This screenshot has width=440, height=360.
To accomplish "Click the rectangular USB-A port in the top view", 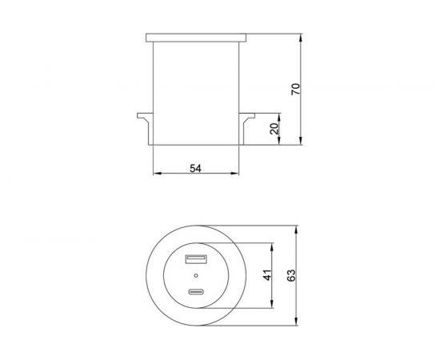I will (195, 259).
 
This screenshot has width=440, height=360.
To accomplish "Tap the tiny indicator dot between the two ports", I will (195, 276).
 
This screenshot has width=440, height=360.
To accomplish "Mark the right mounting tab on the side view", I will (248, 121).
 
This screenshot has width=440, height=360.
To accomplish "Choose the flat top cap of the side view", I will (195, 38).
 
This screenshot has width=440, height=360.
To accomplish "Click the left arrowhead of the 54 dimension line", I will (154, 174).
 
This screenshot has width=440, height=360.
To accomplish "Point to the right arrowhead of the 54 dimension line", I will (236, 174).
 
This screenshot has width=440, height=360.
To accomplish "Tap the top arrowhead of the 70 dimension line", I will (300, 37).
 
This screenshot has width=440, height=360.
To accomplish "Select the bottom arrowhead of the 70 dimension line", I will (300, 143).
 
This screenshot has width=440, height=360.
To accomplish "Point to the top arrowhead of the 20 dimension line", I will (279, 117).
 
